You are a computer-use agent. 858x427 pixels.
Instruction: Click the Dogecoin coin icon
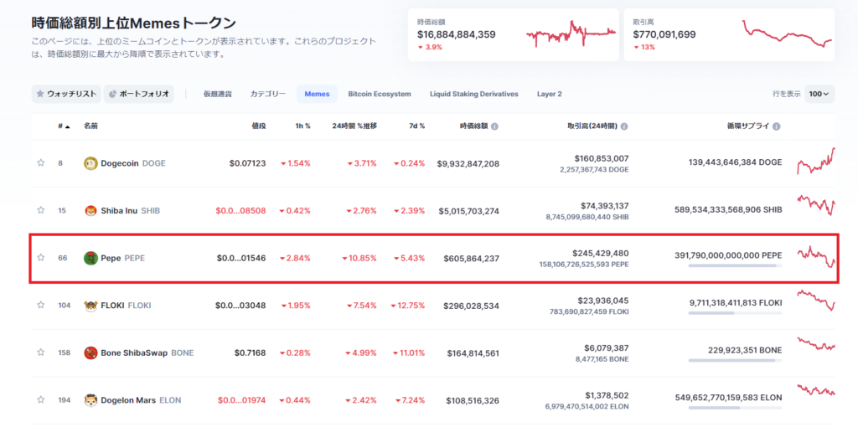90,163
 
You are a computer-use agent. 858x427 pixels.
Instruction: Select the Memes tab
317,94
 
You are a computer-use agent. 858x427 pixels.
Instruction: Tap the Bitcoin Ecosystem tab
380,94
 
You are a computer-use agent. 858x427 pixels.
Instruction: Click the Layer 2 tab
549,94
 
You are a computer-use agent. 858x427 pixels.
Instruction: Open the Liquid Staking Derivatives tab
473,94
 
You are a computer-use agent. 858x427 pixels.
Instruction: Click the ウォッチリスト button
66,94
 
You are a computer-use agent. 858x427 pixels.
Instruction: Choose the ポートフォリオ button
138,94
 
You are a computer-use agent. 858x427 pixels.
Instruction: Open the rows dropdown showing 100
819,94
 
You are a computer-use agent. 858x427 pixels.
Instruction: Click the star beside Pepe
40,258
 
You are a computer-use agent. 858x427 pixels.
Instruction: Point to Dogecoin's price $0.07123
247,163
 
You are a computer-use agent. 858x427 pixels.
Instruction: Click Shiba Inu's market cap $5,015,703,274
468,211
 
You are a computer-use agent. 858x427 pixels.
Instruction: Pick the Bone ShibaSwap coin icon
90,352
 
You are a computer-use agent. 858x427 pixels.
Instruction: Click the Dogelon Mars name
129,400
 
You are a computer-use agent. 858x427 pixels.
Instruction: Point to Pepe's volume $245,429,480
600,253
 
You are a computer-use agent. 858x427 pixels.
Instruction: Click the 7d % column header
416,126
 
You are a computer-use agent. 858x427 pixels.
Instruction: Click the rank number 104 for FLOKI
64,306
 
